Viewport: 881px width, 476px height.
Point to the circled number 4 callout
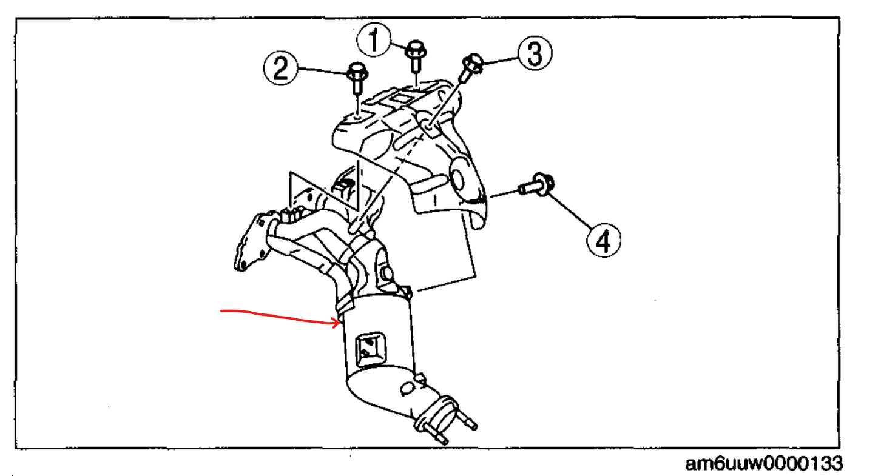click(x=603, y=241)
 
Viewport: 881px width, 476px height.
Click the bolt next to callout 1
click(x=415, y=56)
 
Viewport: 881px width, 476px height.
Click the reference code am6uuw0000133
click(x=763, y=464)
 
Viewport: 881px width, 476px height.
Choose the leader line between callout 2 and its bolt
click(x=322, y=71)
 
